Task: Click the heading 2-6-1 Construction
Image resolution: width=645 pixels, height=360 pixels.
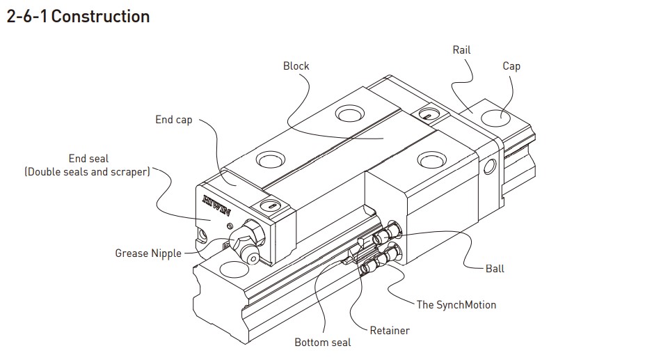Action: coord(78,16)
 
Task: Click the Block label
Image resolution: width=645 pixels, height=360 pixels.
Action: coord(296,66)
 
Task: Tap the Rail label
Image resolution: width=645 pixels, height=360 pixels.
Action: coord(461,50)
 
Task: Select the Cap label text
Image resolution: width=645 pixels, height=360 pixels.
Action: coord(511,66)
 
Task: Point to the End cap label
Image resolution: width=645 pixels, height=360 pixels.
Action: coord(173,120)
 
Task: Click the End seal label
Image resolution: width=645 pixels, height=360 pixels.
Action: coord(88,159)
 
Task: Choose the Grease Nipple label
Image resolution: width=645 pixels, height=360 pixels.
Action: coord(148,253)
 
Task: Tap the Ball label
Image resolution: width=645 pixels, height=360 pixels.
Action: coord(495,269)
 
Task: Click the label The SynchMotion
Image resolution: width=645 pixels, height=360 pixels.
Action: coord(456,304)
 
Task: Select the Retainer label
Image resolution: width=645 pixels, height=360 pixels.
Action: coord(390,330)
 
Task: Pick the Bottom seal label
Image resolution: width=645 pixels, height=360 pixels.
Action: coord(322,343)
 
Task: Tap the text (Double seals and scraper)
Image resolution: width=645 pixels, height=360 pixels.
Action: coord(87,172)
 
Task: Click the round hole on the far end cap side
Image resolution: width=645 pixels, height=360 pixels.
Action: coord(491,166)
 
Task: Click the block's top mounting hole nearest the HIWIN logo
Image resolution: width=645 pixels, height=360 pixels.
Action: coord(269,161)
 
